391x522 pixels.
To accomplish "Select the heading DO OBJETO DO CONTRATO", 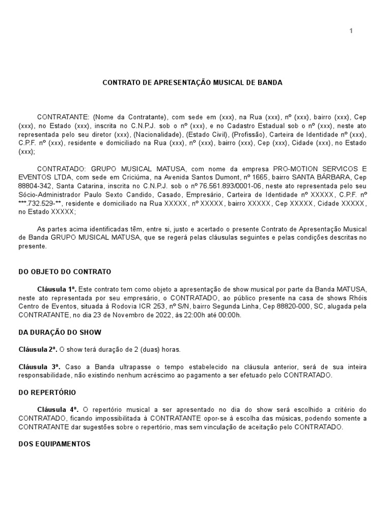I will (65, 272).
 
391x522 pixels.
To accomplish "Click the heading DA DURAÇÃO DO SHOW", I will (60, 332).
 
